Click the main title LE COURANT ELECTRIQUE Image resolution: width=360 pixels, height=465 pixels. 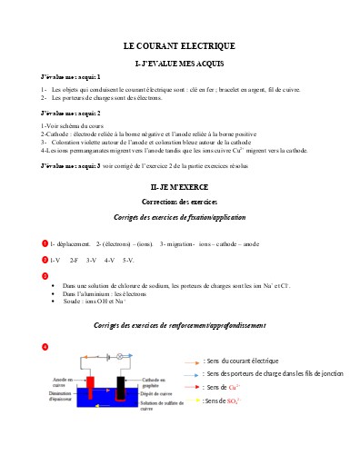pyautogui.click(x=179, y=45)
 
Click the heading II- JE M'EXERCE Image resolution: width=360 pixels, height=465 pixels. pyautogui.click(x=179, y=185)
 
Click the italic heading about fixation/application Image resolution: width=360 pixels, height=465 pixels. pyautogui.click(x=179, y=218)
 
